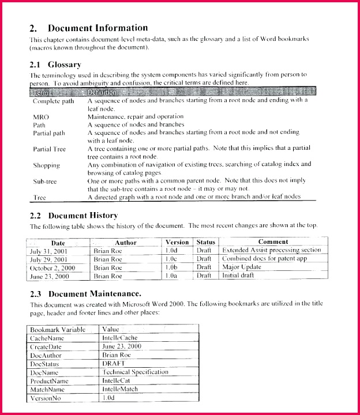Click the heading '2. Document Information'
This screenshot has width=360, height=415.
click(x=89, y=28)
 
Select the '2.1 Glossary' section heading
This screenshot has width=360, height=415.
click(x=55, y=65)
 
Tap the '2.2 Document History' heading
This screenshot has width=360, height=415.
click(x=74, y=215)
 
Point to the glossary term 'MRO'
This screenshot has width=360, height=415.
click(x=41, y=116)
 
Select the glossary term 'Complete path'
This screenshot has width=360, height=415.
click(x=54, y=101)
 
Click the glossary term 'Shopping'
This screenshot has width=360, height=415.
click(x=46, y=165)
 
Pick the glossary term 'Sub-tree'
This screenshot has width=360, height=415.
click(x=45, y=181)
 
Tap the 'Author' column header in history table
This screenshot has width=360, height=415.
click(x=125, y=243)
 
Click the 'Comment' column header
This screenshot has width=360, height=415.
click(x=273, y=242)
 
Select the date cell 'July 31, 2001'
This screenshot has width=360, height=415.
click(x=49, y=251)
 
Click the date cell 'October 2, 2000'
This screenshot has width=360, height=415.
click(x=52, y=267)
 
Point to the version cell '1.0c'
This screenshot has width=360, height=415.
click(x=171, y=259)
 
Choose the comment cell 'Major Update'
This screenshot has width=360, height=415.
click(x=242, y=267)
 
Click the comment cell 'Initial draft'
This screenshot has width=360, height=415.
click(x=239, y=276)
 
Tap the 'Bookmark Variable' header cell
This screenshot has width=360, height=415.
click(x=58, y=329)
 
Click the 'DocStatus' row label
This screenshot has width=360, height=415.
click(x=45, y=364)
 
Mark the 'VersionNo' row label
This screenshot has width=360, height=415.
click(x=46, y=398)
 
